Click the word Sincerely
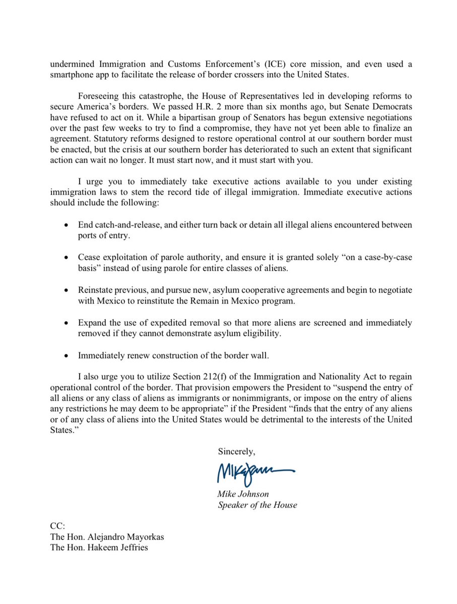point(236,451)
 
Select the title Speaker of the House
point(257,504)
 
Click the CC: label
point(58,526)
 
